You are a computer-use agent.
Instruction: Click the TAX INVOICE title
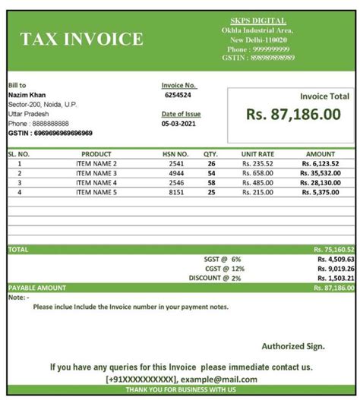(81, 39)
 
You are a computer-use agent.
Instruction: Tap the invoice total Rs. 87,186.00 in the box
(293, 114)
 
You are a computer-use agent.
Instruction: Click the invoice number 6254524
(178, 96)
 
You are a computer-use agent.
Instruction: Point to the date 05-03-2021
(178, 124)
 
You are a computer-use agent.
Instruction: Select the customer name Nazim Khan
(27, 95)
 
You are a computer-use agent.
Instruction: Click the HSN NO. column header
(176, 154)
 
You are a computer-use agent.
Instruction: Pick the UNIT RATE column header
(257, 154)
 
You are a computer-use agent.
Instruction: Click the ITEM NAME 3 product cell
(96, 173)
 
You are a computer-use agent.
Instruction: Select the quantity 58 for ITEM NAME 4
(211, 183)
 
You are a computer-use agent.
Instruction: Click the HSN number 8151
(176, 193)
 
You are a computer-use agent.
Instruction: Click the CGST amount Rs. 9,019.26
(335, 269)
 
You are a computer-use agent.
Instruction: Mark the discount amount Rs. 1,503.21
(335, 279)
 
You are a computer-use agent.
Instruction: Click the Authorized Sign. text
(293, 345)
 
